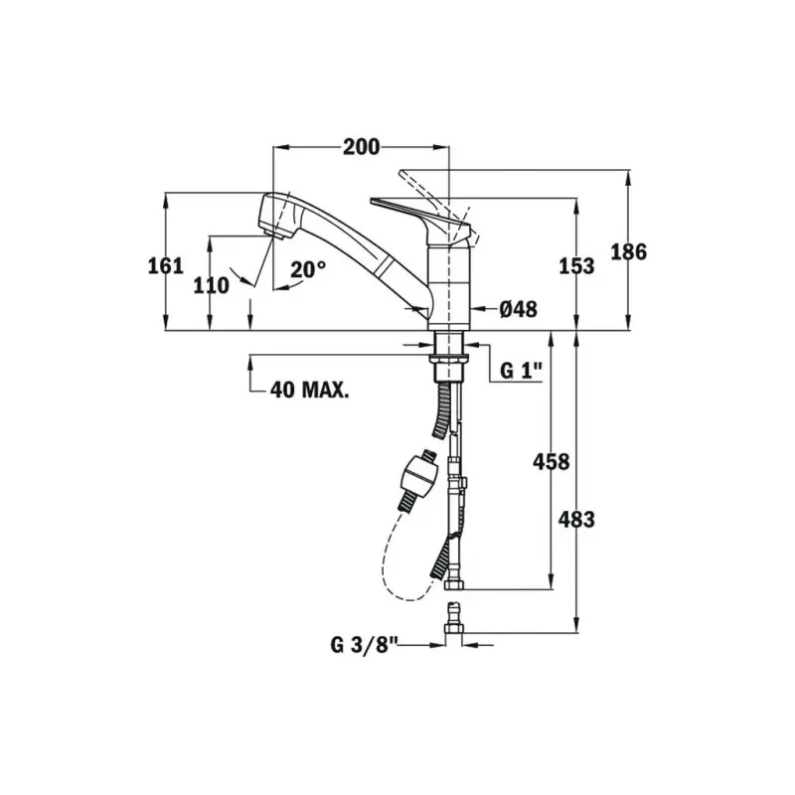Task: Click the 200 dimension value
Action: pos(361,147)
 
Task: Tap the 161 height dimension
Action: pos(165,265)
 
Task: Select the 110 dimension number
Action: pos(211,285)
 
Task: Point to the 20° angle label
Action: pos(308,269)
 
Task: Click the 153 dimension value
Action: pos(576,265)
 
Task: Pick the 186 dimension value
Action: pos(629,252)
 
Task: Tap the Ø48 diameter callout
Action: pos(518,309)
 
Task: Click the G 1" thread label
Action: pos(521,371)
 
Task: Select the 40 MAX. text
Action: pos(309,390)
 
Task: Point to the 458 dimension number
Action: pos(552,461)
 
